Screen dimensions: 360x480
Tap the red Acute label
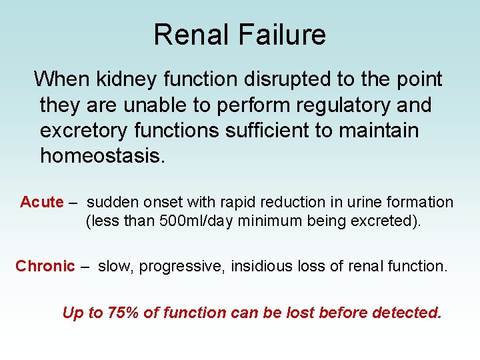click(x=41, y=202)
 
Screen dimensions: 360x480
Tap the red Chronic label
click(x=45, y=266)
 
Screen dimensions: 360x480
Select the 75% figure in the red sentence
click(x=121, y=312)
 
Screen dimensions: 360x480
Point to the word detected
click(x=407, y=312)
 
